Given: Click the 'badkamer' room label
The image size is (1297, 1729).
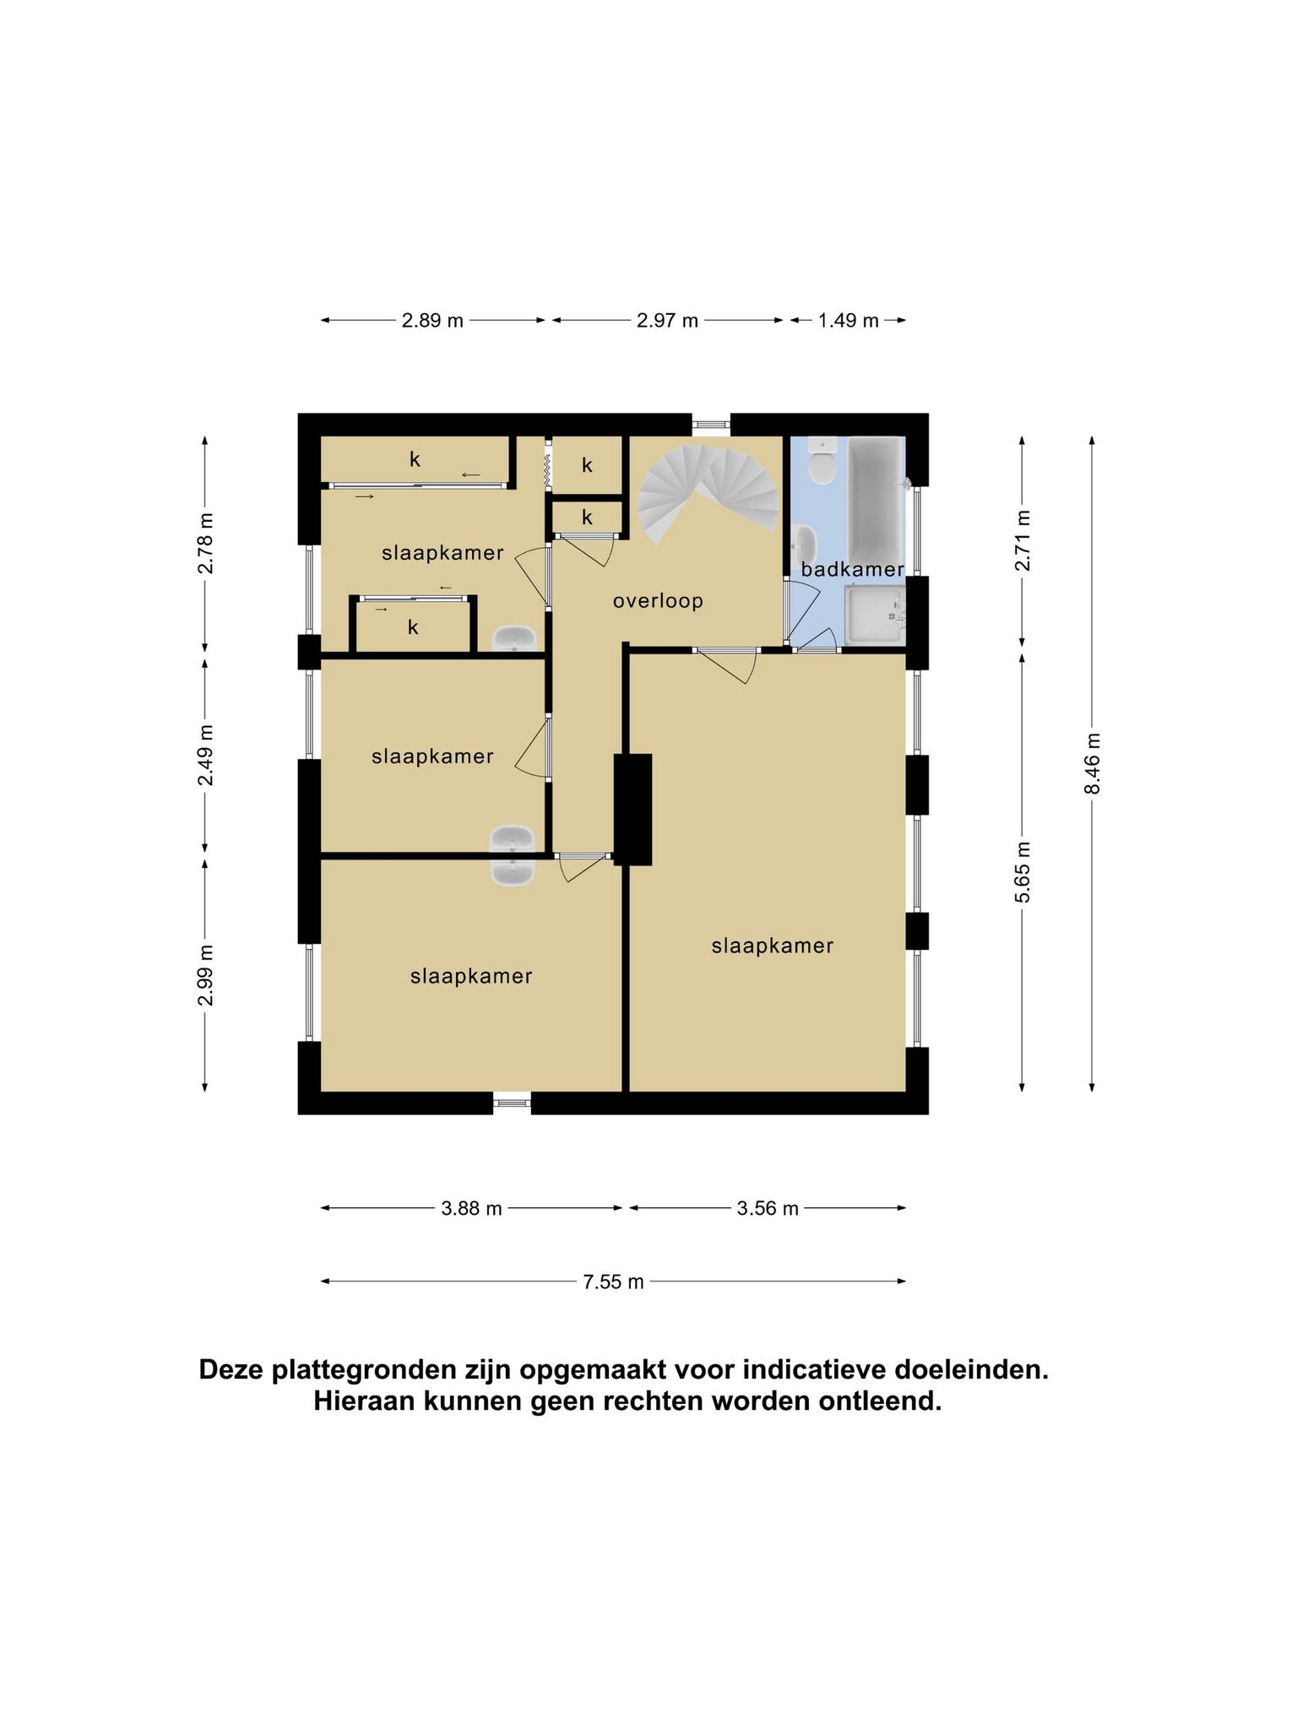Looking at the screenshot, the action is click(x=853, y=569).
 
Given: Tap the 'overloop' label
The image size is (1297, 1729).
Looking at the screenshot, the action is click(x=658, y=601).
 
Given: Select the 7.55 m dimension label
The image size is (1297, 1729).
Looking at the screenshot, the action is click(x=613, y=1282).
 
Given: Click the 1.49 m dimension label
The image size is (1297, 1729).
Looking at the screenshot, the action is click(x=848, y=321).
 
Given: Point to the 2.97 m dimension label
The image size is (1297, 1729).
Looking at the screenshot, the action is click(x=667, y=321).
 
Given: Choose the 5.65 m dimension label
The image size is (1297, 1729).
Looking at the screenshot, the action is click(x=1023, y=872).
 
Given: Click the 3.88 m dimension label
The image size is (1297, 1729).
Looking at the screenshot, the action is click(x=471, y=1209).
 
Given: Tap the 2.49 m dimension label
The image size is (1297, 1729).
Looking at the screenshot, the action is click(x=205, y=755).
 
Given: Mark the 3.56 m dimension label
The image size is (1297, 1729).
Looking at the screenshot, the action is click(x=767, y=1209).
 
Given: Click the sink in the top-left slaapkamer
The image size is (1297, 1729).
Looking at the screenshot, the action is click(x=514, y=638).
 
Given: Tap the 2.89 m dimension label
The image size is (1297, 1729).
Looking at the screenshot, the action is click(x=432, y=321).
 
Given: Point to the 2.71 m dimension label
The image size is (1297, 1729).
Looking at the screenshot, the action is click(x=1023, y=540).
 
